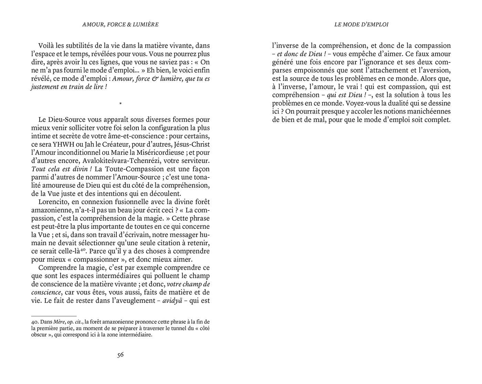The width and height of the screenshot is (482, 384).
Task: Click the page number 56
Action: pyautogui.click(x=120, y=355)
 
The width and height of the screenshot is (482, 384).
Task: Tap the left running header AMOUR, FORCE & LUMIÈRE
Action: pyautogui.click(x=120, y=24)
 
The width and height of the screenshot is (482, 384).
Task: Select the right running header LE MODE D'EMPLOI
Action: pyautogui.click(x=361, y=24)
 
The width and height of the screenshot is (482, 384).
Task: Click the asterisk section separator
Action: pyautogui.click(x=120, y=103)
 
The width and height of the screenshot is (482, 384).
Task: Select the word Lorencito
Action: pyautogui.click(x=53, y=202)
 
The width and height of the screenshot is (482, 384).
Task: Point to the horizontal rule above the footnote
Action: pyautogui.click(x=54, y=316)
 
